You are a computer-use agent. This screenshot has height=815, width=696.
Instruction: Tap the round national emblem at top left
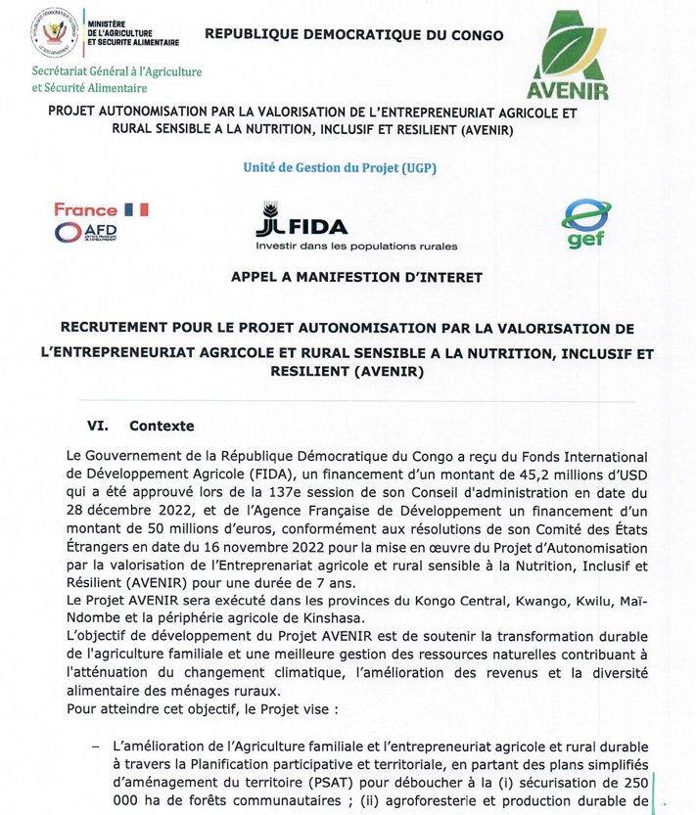(57, 33)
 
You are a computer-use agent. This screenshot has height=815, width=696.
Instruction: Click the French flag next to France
(136, 209)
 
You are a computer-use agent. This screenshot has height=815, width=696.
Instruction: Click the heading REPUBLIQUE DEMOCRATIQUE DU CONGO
(353, 35)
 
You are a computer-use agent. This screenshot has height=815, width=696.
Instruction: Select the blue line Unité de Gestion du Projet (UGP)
(340, 167)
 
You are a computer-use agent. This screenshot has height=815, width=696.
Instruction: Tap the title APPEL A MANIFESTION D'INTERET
(356, 278)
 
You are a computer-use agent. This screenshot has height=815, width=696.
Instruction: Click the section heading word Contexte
(162, 427)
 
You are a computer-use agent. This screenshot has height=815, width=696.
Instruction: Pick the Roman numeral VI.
(97, 427)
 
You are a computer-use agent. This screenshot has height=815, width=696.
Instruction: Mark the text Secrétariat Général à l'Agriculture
(116, 71)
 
